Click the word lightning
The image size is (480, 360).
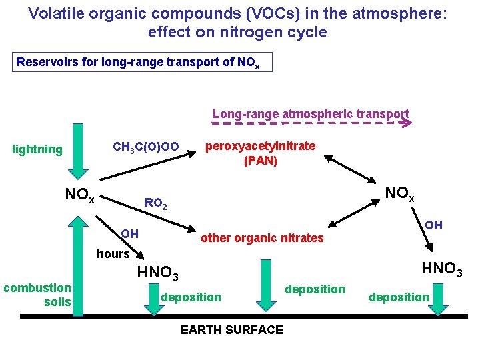37,149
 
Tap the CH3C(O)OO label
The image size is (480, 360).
145,147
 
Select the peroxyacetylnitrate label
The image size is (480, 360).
260,146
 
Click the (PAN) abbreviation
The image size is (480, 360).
260,161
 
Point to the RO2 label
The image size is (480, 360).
156,203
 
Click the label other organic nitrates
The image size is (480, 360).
262,238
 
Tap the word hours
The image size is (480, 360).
113,254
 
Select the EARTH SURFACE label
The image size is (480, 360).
232,329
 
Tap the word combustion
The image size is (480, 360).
37,288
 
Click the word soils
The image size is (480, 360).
57,302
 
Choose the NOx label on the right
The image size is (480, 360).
401,195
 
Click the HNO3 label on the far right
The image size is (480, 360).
442,270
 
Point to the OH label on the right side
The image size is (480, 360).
433,225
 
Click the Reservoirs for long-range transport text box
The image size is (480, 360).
143,63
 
